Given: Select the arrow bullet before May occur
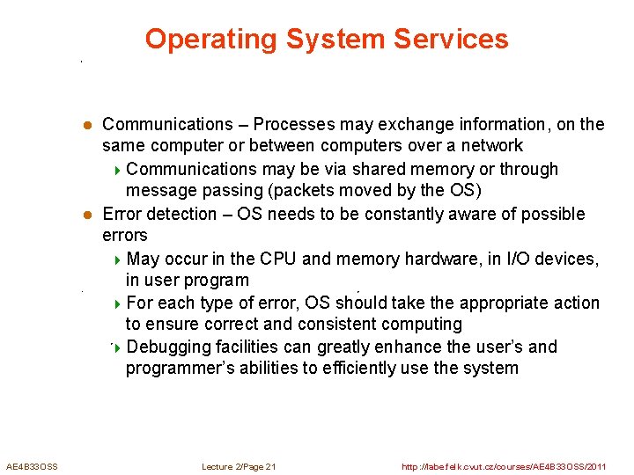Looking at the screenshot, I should [119, 259].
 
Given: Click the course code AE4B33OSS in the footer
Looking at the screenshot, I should [32, 466].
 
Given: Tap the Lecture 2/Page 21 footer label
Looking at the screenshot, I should [239, 466].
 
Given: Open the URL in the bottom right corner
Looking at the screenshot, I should [504, 466].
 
